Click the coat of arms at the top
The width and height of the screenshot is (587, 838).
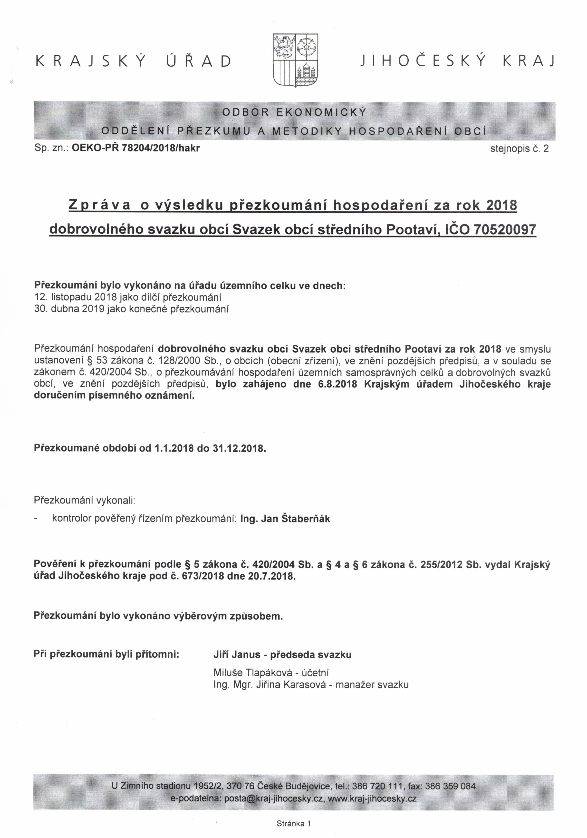point(296,60)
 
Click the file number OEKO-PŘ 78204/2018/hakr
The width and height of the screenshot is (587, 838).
point(136,148)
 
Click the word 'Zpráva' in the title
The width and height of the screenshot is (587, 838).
point(100,206)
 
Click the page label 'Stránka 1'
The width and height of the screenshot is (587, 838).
point(293,823)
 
